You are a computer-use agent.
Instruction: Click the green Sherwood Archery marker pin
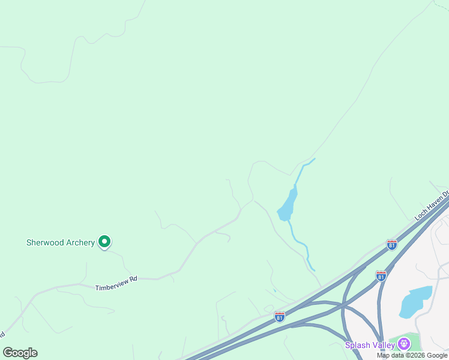pyautogui.click(x=104, y=242)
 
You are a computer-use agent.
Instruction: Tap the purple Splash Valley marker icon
pyautogui.click(x=403, y=344)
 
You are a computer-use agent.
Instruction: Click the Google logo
pyautogui.click(x=20, y=352)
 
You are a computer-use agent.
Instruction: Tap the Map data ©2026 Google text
pyautogui.click(x=412, y=355)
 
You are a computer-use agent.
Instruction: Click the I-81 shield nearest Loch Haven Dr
pyautogui.click(x=391, y=244)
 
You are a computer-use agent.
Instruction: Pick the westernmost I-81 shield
pyautogui.click(x=279, y=316)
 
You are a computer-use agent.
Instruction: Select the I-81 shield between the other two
pyautogui.click(x=381, y=275)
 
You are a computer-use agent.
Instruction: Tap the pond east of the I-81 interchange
pyautogui.click(x=415, y=302)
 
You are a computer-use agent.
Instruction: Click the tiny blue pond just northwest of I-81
pyautogui.click(x=274, y=291)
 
